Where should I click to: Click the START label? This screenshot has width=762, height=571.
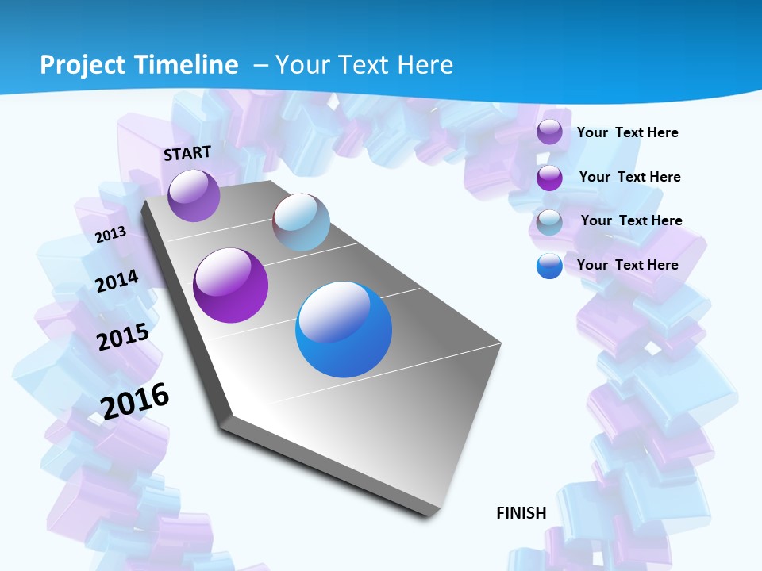pyautogui.click(x=187, y=153)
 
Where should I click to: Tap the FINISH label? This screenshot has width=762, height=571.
pyautogui.click(x=521, y=513)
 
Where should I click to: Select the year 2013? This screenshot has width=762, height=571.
pyautogui.click(x=110, y=235)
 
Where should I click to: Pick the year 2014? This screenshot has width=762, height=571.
pyautogui.click(x=117, y=281)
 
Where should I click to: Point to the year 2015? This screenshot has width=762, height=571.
pyautogui.click(x=123, y=337)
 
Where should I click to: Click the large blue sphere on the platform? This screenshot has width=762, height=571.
pyautogui.click(x=344, y=329)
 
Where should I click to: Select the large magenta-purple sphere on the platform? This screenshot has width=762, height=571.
pyautogui.click(x=230, y=285)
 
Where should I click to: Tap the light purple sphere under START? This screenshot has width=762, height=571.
pyautogui.click(x=194, y=195)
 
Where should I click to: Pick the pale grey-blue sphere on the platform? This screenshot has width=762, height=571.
pyautogui.click(x=301, y=221)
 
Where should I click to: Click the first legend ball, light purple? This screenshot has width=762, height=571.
pyautogui.click(x=549, y=132)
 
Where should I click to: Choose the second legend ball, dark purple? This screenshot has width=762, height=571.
pyautogui.click(x=549, y=178)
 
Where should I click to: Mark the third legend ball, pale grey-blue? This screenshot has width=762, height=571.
pyautogui.click(x=549, y=222)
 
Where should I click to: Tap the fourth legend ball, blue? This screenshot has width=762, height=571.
pyautogui.click(x=549, y=266)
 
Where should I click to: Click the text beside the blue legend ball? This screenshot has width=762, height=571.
pyautogui.click(x=627, y=265)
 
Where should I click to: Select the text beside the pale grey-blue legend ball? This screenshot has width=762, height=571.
pyautogui.click(x=631, y=220)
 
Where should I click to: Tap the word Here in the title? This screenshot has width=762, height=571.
pyautogui.click(x=425, y=65)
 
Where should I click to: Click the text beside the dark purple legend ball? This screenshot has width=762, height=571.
pyautogui.click(x=629, y=177)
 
